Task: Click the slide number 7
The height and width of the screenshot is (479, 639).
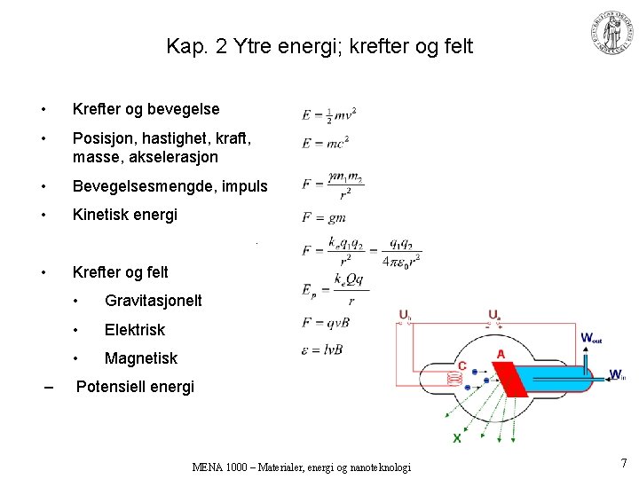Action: coord(624,462)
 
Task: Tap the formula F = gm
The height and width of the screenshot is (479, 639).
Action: coord(323,217)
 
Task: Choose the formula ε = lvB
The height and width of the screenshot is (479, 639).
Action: coord(322,349)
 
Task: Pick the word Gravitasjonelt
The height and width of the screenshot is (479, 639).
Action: coord(153,301)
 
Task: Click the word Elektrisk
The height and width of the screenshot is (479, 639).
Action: coord(134,330)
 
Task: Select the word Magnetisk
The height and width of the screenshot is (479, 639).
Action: coord(140,358)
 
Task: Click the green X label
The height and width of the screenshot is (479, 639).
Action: coord(457,438)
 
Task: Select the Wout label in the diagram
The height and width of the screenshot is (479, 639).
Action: coord(591,338)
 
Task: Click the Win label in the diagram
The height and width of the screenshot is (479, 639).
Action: coord(618,375)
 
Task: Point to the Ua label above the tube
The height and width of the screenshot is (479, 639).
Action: coord(494,315)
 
